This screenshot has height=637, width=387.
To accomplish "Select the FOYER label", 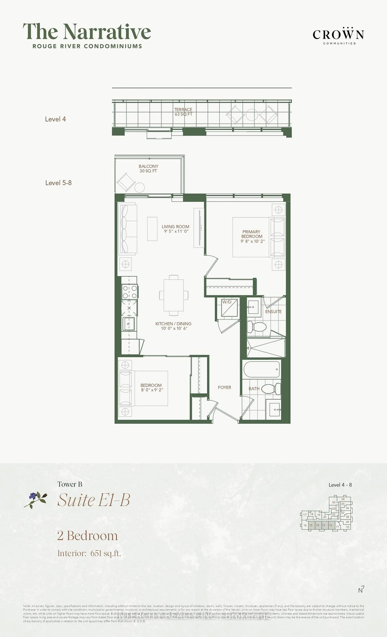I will (224, 387).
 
